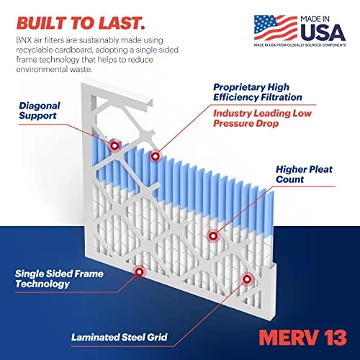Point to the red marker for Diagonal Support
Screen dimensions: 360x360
(x=114, y=145)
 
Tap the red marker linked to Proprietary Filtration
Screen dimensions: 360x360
(x=154, y=156)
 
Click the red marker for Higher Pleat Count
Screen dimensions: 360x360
(x=212, y=235)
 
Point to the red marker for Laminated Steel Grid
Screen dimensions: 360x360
(x=247, y=279)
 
